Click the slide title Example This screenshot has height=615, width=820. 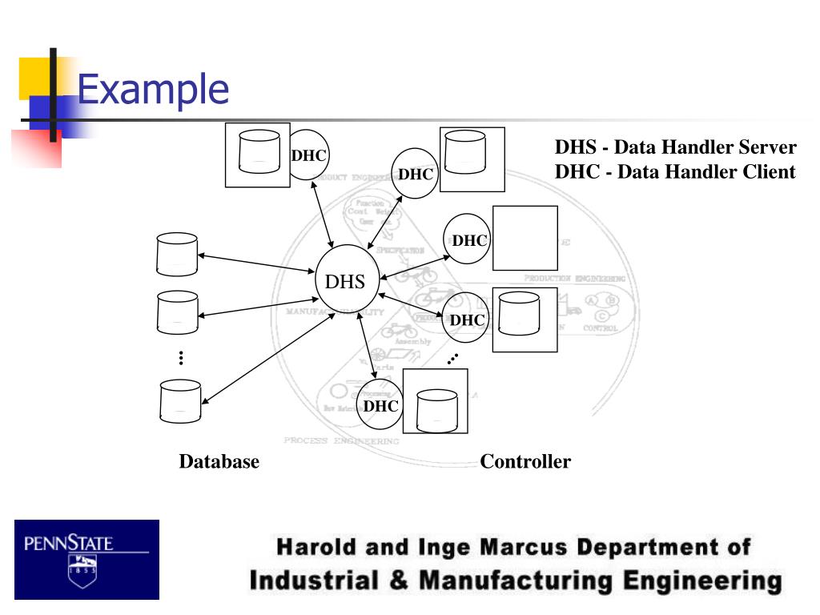pyautogui.click(x=153, y=89)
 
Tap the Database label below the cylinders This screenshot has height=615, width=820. pyautogui.click(x=219, y=462)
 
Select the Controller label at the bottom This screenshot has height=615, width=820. pyautogui.click(x=525, y=462)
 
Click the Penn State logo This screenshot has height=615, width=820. pyautogui.click(x=86, y=559)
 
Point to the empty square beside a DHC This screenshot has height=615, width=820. pyautogui.click(x=525, y=238)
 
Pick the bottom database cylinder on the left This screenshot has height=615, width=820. pyautogui.click(x=179, y=401)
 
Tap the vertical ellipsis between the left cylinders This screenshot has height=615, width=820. pyautogui.click(x=182, y=358)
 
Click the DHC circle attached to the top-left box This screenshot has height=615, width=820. pyautogui.click(x=309, y=155)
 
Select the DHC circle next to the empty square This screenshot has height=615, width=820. pyautogui.click(x=468, y=239)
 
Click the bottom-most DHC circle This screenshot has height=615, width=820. pyautogui.click(x=380, y=406)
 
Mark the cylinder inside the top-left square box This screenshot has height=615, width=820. pyautogui.click(x=257, y=154)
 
